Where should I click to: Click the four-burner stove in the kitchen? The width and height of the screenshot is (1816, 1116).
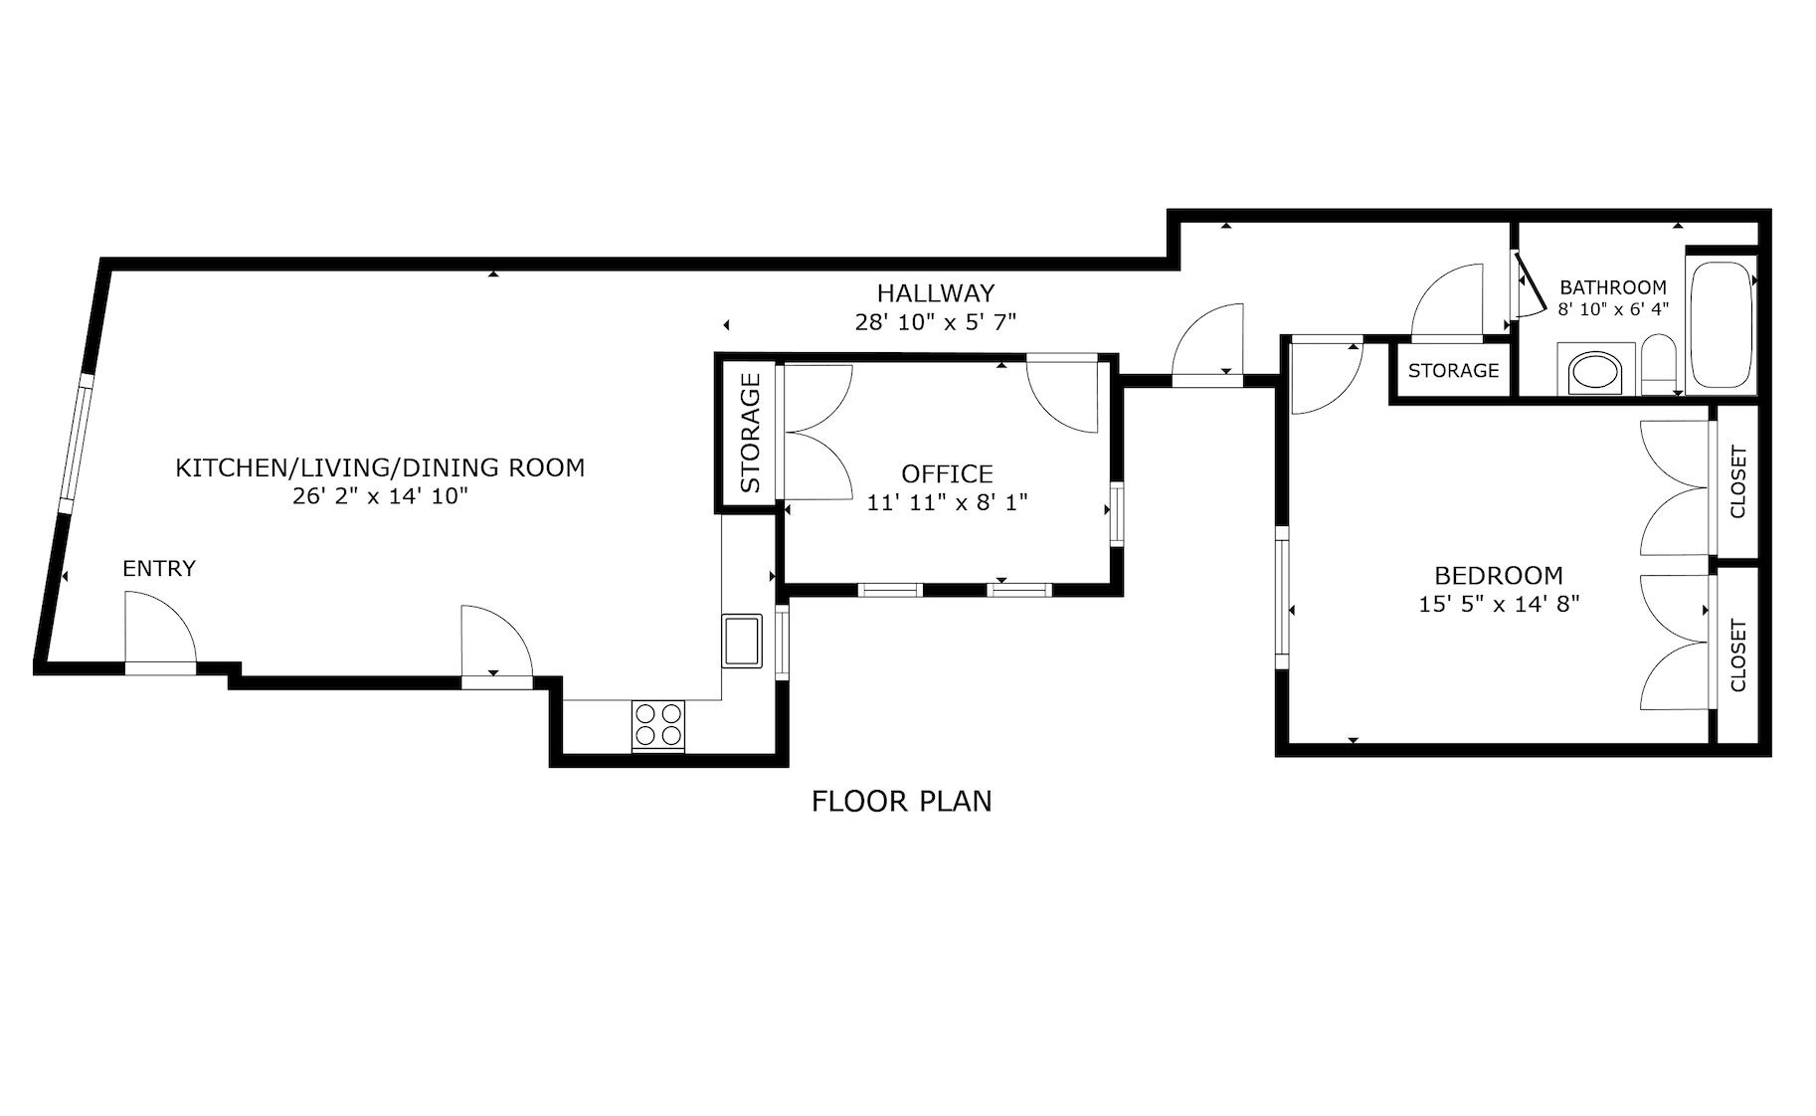[658, 725]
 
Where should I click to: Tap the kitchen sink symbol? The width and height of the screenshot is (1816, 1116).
[742, 641]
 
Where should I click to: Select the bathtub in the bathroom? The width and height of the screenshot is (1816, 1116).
[1721, 324]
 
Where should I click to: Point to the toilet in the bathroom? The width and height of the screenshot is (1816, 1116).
[1658, 366]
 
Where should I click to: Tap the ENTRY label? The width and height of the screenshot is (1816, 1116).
[159, 569]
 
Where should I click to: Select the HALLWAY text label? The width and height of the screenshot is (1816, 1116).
[935, 293]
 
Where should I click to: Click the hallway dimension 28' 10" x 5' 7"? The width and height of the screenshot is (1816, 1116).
[935, 322]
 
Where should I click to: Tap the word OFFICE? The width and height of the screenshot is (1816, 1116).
[947, 473]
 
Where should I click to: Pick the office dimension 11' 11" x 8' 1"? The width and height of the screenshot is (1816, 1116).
[947, 502]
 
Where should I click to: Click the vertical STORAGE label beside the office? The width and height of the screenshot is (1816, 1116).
[750, 433]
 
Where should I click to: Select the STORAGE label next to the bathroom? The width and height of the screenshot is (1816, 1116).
[1453, 371]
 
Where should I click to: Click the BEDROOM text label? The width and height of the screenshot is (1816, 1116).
[1498, 575]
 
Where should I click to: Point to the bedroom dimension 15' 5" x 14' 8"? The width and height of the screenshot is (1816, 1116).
[1498, 604]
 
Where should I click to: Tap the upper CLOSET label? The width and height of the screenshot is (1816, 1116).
[1737, 482]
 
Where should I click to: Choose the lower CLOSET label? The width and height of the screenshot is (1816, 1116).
[1737, 655]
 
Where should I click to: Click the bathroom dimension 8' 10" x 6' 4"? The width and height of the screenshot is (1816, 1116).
[1612, 309]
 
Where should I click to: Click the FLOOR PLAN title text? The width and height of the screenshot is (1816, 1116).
[901, 801]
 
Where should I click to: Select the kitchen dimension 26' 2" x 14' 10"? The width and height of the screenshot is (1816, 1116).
[380, 496]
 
